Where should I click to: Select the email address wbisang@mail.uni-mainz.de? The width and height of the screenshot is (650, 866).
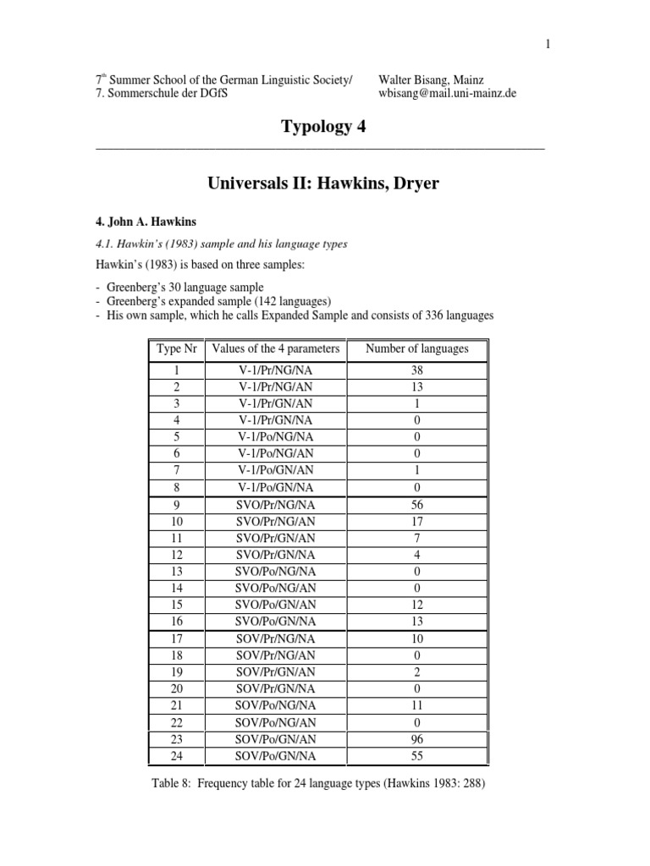click(448, 93)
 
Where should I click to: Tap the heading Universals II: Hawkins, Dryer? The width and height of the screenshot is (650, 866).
click(323, 183)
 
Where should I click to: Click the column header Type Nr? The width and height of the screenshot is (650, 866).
click(176, 348)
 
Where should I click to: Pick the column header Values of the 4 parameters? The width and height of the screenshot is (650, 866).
click(276, 348)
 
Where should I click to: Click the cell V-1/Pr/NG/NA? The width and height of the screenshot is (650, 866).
click(277, 370)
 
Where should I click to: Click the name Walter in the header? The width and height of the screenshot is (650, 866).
click(398, 79)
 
